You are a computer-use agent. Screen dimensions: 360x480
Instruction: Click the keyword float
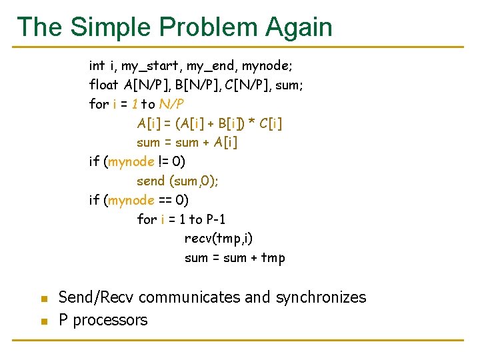click(104, 85)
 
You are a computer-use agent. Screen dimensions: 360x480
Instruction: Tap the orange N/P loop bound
click(171, 104)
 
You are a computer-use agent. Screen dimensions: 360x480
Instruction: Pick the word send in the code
click(151, 181)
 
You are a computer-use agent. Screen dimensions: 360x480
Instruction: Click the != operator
click(163, 162)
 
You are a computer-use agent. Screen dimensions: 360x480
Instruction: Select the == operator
click(165, 200)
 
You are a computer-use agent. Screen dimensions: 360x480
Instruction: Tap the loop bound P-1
click(222, 219)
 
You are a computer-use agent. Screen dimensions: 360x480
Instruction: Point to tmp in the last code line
click(273, 258)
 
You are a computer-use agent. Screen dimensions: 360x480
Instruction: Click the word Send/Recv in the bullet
click(96, 297)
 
